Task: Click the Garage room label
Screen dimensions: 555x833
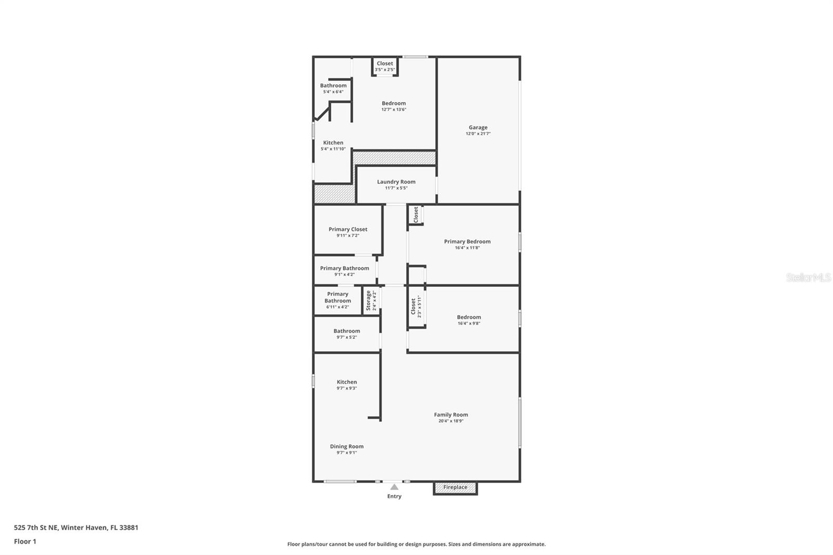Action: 478,128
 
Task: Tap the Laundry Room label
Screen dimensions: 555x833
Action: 396,182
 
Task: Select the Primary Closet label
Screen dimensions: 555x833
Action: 348,229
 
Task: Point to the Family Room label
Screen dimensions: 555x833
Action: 451,415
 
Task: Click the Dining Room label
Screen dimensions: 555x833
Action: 347,446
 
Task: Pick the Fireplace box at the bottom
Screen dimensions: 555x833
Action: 455,487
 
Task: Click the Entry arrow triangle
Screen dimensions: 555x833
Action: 394,487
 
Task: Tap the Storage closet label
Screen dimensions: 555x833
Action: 369,300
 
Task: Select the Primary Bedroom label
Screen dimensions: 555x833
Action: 467,242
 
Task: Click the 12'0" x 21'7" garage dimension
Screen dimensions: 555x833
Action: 478,134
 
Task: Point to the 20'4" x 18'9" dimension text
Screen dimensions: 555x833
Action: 451,421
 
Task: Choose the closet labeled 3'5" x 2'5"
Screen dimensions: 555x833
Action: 385,66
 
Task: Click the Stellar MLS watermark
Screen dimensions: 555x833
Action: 808,277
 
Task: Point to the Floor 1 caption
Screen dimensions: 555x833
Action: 25,541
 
